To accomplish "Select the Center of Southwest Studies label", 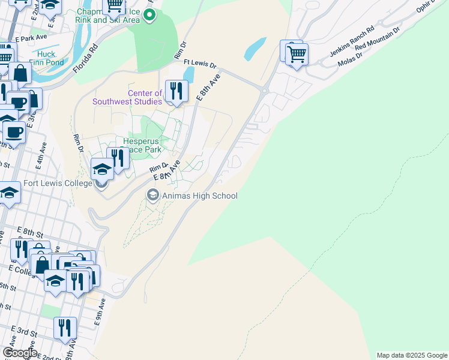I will click(127, 97).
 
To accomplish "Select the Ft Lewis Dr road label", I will click(200, 62).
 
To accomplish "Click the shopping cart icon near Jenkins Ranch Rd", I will click(296, 55).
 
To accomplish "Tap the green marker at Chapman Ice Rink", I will click(150, 16).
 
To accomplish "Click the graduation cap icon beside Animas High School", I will click(152, 195).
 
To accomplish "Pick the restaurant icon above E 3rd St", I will click(65, 328).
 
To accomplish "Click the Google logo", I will click(20, 353).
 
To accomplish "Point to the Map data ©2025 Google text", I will click(411, 355).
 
